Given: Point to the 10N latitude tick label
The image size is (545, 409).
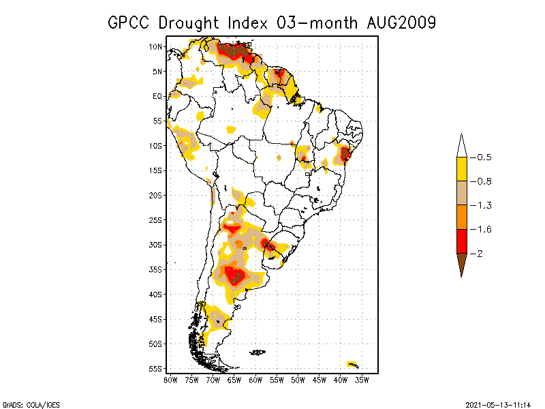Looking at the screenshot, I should coord(156,46).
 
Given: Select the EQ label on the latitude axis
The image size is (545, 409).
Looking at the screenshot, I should coord(157,96).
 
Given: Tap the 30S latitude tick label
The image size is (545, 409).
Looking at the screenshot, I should coord(156,245).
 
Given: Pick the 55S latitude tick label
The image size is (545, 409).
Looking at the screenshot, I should coord(156,369).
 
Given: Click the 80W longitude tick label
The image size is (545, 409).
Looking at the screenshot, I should coord(170,380).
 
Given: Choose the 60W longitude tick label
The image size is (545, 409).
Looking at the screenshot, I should coord(255,380).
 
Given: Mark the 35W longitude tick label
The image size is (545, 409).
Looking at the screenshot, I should coord(362,380).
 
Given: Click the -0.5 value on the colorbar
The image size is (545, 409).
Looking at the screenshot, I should coord(484,157).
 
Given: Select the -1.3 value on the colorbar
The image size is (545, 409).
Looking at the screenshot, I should coord(484,205).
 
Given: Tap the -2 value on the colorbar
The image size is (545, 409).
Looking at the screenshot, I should coord(480,254).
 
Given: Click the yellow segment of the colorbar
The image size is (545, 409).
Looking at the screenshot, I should coord(461,169).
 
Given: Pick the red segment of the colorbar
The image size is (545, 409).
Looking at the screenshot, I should coord(461,241).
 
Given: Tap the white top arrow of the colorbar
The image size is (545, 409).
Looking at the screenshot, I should coord(461,145).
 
